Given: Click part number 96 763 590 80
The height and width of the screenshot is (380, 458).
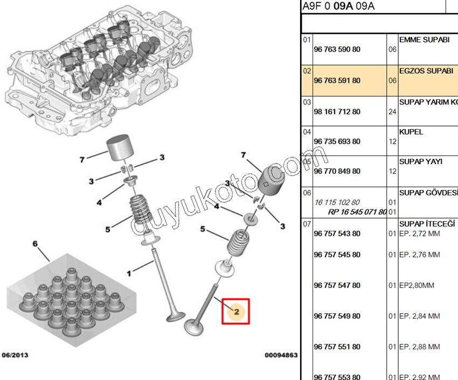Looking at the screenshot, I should pyautogui.click(x=337, y=50).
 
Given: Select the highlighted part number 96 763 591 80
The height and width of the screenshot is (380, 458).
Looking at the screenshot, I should pyautogui.click(x=337, y=81).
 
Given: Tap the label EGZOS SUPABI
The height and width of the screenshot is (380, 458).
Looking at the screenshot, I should pyautogui.click(x=426, y=71).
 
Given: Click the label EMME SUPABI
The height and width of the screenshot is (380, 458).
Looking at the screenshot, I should pyautogui.click(x=424, y=40).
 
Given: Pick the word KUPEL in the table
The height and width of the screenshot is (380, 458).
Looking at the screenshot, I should pyautogui.click(x=411, y=132).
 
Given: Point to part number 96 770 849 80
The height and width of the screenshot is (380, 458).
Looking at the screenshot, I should pyautogui.click(x=337, y=171).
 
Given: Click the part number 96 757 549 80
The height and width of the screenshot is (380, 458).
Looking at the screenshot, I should pyautogui.click(x=337, y=316).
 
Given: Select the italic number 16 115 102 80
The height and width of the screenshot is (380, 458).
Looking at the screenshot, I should pyautogui.click(x=337, y=202).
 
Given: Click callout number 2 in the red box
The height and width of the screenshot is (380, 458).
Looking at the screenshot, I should pyautogui.click(x=236, y=311).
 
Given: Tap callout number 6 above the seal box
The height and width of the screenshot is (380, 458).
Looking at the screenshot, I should pyautogui.click(x=35, y=244).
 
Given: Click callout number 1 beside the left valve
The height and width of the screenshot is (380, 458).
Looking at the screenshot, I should pyautogui.click(x=129, y=274).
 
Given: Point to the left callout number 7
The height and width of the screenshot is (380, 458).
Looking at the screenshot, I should pyautogui.click(x=82, y=160).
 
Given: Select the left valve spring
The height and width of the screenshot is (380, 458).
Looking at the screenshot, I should pyautogui.click(x=142, y=214).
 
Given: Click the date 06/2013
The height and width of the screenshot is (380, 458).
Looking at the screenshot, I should pyautogui.click(x=15, y=355).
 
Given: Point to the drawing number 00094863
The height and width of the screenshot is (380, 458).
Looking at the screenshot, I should pyautogui.click(x=281, y=355).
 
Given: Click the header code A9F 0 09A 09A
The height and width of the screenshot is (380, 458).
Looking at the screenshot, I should pyautogui.click(x=338, y=6).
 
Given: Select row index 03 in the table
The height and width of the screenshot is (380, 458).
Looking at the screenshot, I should pyautogui.click(x=307, y=102).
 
